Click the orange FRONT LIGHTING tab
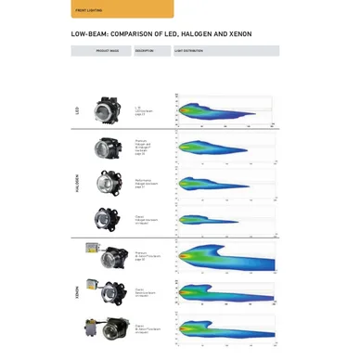point(122,9)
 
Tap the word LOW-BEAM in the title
point(90,34)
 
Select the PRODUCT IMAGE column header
point(107,51)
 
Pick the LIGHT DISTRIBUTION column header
point(189,51)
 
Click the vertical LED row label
point(77,110)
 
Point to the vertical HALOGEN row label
point(77,183)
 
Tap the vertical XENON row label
point(77,291)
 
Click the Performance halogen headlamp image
point(108,184)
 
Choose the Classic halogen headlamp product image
point(107,219)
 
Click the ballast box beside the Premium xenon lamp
point(93,250)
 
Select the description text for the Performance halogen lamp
point(147,184)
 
